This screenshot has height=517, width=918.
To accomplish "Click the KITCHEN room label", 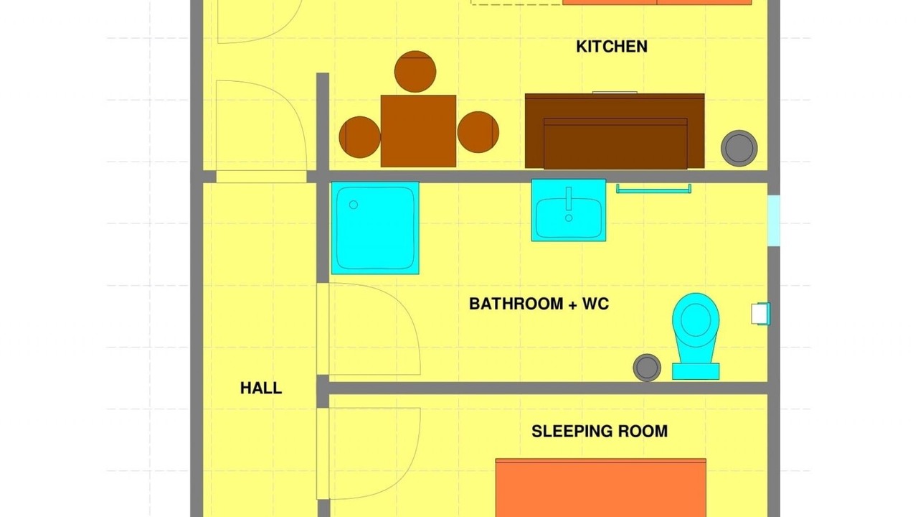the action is (x=612, y=47).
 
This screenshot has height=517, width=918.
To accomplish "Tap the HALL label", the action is (x=261, y=388).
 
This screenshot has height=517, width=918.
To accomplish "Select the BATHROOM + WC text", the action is (x=539, y=304).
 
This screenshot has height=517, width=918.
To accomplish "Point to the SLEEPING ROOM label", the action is (x=600, y=432).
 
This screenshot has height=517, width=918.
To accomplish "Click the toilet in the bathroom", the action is (x=696, y=335).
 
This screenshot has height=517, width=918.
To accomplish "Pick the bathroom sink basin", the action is (x=569, y=210).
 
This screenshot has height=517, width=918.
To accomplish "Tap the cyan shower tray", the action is (x=375, y=228).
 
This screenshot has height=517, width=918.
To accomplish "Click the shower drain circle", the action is (x=354, y=205).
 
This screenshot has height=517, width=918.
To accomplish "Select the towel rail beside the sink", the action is (x=653, y=189).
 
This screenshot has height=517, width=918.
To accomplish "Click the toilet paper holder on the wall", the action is (x=761, y=314).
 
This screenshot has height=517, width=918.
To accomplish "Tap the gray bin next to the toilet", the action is (x=647, y=368).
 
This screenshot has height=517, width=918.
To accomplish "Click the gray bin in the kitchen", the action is (x=739, y=148).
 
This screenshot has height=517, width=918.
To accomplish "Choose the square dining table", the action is (x=418, y=131).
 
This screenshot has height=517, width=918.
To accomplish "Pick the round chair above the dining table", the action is (x=415, y=71).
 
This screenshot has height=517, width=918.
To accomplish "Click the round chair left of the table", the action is (x=360, y=137).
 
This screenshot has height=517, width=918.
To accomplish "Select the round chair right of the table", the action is (x=478, y=132).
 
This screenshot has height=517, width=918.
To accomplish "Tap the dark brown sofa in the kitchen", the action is (x=615, y=131).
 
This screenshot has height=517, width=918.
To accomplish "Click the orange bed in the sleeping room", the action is (x=601, y=488).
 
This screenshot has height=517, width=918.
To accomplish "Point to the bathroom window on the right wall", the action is (x=774, y=220).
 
